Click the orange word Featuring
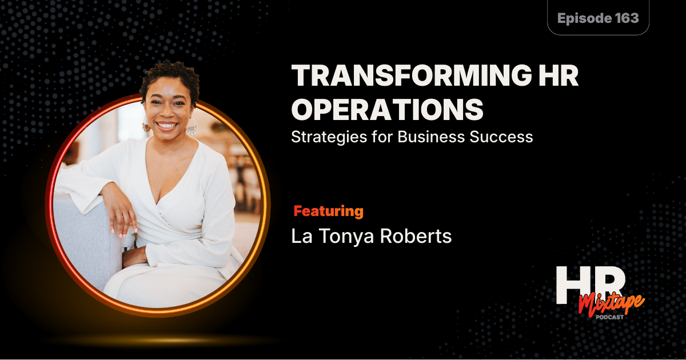[328, 211]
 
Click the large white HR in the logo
[589, 284]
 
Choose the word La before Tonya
[302, 237]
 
